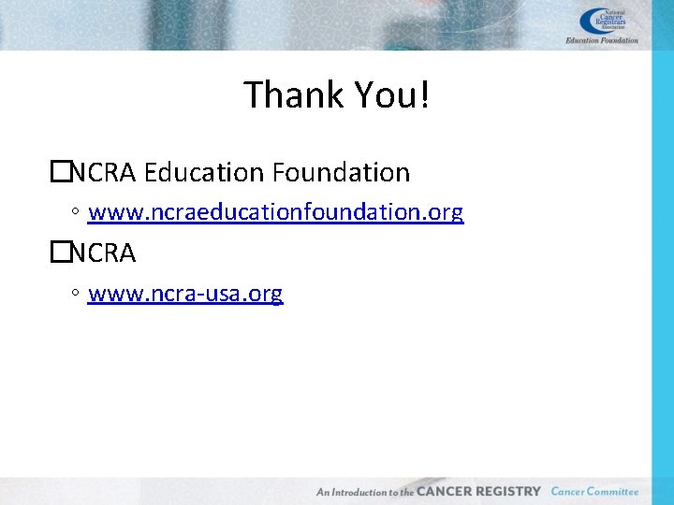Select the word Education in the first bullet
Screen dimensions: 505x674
coord(204,173)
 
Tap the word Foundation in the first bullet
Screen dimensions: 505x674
coord(341,173)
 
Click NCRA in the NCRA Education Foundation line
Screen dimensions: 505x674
coord(104,173)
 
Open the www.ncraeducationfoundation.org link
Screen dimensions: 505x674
coord(275,213)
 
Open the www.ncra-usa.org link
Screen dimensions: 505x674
coord(185,295)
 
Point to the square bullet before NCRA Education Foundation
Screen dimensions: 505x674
coord(61,172)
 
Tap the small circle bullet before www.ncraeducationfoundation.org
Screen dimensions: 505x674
coord(74,213)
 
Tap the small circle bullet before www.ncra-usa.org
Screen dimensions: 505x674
coord(74,295)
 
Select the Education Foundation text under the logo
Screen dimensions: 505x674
coord(602,40)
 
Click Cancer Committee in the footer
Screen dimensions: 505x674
coord(594,491)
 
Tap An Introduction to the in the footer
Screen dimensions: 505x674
coord(365,492)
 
